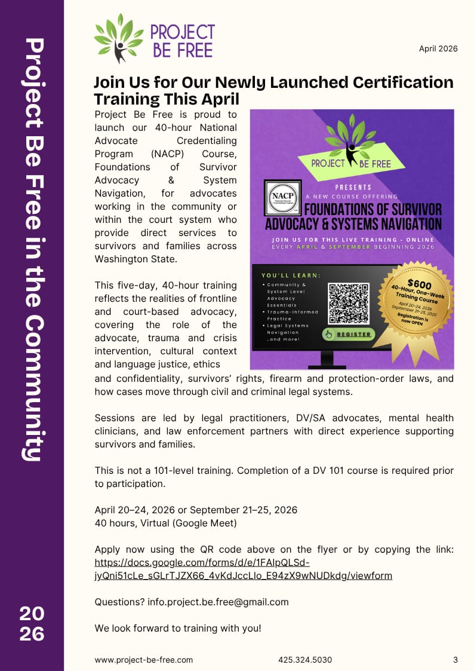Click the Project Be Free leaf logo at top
pyautogui.click(x=118, y=38)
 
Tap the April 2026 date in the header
pyautogui.click(x=438, y=49)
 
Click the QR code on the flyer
pyautogui.click(x=349, y=303)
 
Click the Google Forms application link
pyautogui.click(x=244, y=569)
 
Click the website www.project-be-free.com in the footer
pyautogui.click(x=144, y=660)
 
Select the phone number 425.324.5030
pyautogui.click(x=305, y=660)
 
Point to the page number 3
pyautogui.click(x=455, y=660)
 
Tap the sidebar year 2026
pyautogui.click(x=32, y=623)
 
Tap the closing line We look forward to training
pyautogui.click(x=178, y=629)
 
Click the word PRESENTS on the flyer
pyautogui.click(x=352, y=187)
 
